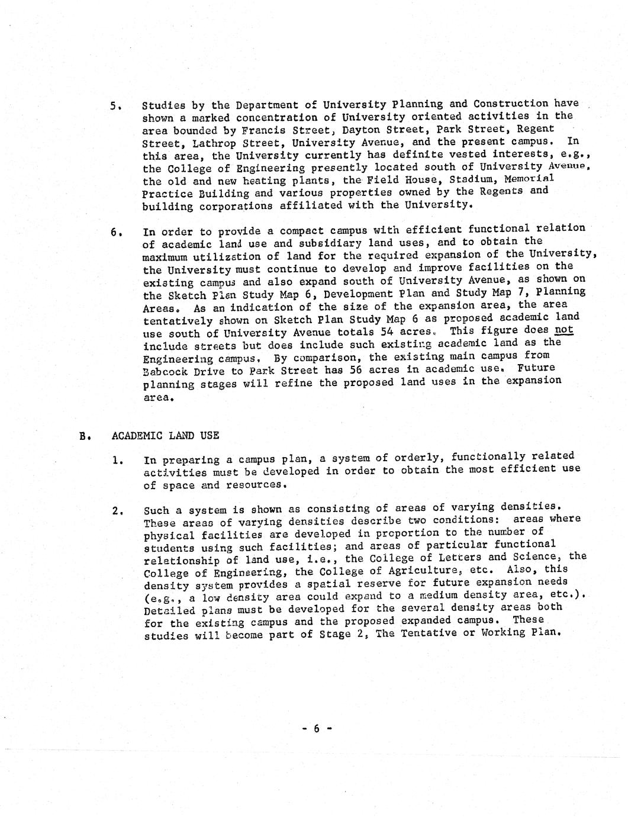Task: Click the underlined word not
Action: coord(564,330)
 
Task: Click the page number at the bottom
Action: coord(316,729)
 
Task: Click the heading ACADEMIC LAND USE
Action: coord(165,436)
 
